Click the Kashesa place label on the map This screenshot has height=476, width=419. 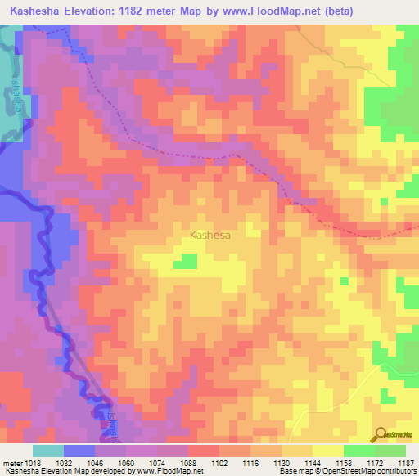(x=209, y=235)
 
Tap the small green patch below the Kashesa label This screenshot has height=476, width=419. (x=188, y=261)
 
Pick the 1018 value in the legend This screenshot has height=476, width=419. (x=33, y=464)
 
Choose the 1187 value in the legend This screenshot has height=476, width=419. (x=405, y=464)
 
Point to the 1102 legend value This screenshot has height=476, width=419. (x=219, y=464)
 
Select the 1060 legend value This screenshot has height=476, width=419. (x=126, y=464)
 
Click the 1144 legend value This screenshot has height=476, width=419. (x=313, y=464)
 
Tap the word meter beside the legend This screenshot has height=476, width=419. (x=11, y=464)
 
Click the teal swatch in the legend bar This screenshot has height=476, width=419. (x=48, y=451)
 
